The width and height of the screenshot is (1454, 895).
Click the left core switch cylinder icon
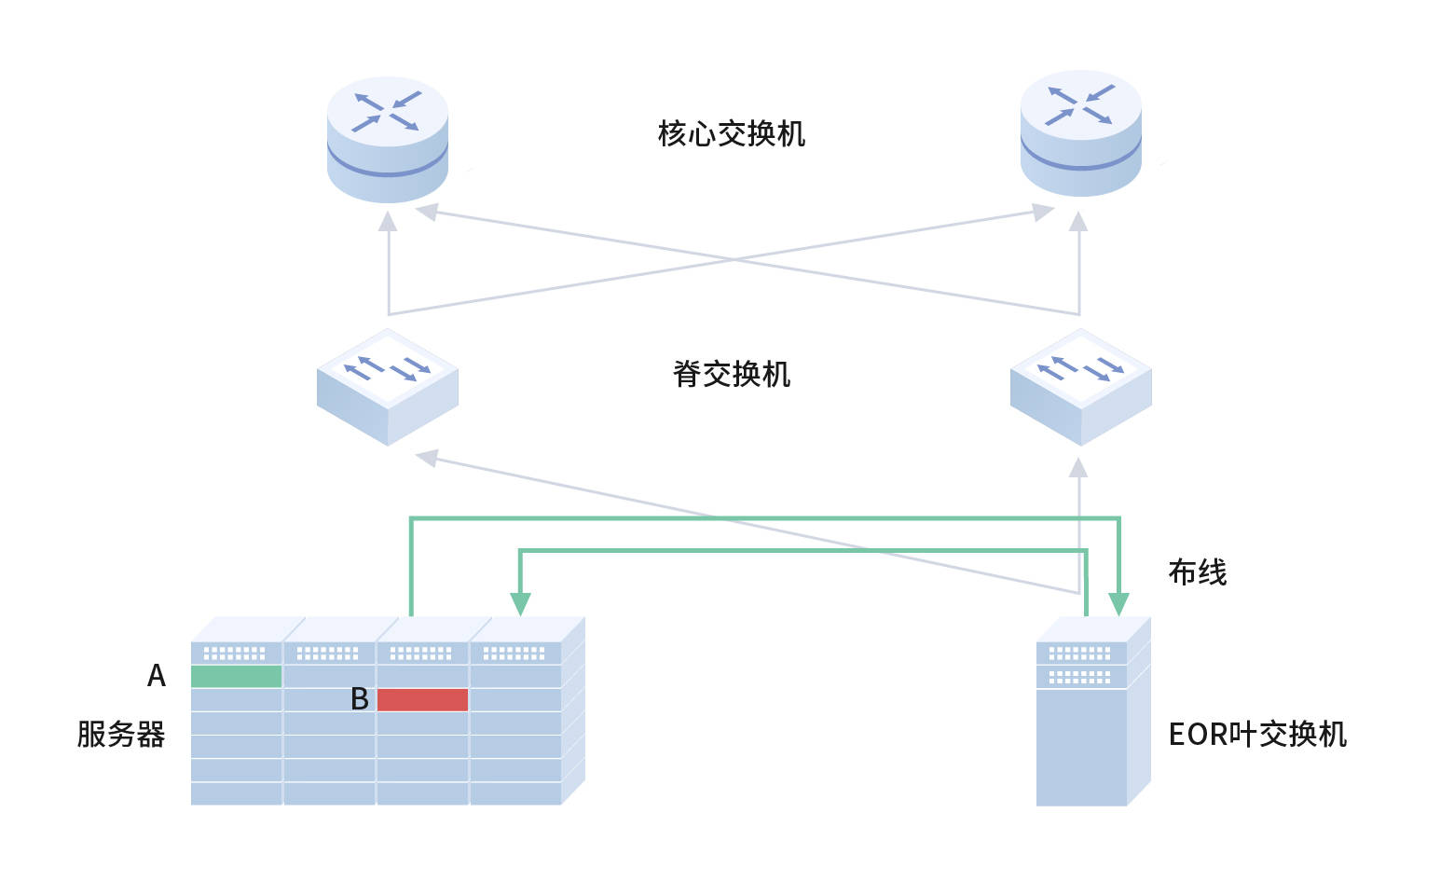[388, 140]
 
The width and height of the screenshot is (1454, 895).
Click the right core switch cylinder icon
[1081, 133]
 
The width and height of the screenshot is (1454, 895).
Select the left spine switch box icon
[388, 386]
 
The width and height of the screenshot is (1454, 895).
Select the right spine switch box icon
[1081, 386]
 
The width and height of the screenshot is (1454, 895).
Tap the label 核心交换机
[731, 134]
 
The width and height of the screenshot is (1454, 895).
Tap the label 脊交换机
[731, 374]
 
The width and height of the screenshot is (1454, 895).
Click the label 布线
[1197, 571]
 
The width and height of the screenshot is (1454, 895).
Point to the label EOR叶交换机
[1257, 734]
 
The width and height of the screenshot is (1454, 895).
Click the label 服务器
[121, 734]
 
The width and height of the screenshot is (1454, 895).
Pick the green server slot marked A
[236, 676]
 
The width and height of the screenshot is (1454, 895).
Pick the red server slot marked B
[422, 699]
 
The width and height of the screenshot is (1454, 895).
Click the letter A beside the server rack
[157, 675]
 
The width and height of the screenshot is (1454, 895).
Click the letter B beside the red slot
[360, 699]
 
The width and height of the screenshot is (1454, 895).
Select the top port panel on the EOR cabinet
[1080, 653]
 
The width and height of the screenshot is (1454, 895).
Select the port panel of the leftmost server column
[235, 654]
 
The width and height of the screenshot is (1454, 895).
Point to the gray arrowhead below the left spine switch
[427, 457]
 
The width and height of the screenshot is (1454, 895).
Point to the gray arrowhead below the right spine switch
[1078, 466]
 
